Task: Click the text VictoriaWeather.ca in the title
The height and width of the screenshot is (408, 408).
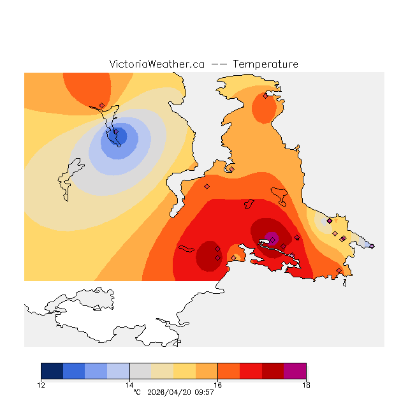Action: pyautogui.click(x=157, y=64)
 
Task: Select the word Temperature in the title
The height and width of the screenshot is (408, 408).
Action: pyautogui.click(x=265, y=64)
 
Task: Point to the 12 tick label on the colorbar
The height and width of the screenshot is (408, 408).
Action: pyautogui.click(x=41, y=384)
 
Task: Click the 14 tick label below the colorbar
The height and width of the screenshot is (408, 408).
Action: pyautogui.click(x=129, y=384)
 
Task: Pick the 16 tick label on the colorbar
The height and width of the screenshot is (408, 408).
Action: pyautogui.click(x=218, y=384)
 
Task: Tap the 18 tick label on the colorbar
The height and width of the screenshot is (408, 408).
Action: pyautogui.click(x=306, y=384)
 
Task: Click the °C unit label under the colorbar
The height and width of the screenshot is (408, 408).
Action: pyautogui.click(x=136, y=392)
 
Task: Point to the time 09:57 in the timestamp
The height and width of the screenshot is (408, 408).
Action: pyautogui.click(x=205, y=392)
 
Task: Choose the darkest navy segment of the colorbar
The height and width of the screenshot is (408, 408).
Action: pyautogui.click(x=52, y=371)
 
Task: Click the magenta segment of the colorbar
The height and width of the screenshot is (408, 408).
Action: pyautogui.click(x=295, y=371)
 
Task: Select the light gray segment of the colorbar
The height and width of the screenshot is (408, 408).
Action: pyautogui.click(x=140, y=371)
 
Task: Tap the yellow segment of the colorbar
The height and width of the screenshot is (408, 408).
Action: pyautogui.click(x=185, y=371)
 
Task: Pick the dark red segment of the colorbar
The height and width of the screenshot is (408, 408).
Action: pyautogui.click(x=273, y=371)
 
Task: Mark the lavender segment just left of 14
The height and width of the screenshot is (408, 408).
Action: pyautogui.click(x=119, y=371)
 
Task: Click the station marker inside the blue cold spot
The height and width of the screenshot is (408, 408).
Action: pyautogui.click(x=115, y=133)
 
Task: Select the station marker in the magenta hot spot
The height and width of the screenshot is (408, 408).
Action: pyautogui.click(x=272, y=238)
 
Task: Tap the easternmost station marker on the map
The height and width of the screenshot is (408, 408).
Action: pyautogui.click(x=372, y=246)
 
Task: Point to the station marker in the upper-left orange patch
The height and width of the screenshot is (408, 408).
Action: pyautogui.click(x=102, y=106)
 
